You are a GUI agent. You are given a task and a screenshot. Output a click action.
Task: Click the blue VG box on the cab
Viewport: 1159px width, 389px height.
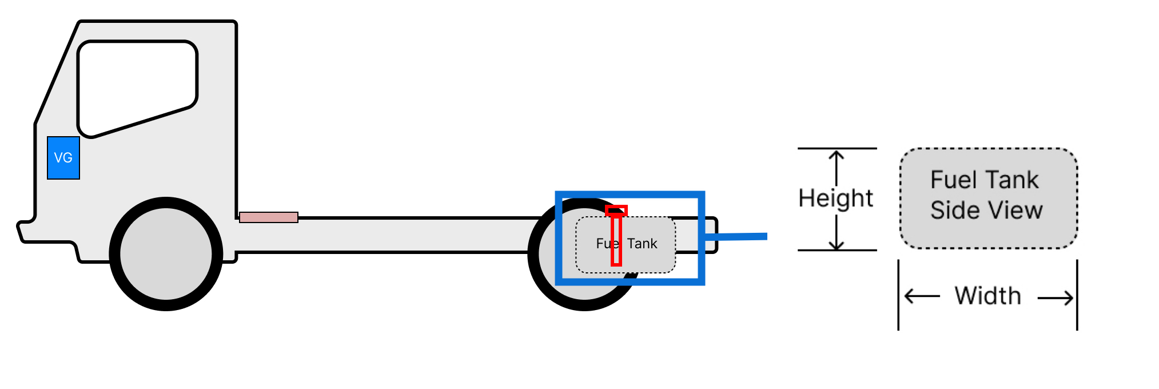pyautogui.click(x=63, y=158)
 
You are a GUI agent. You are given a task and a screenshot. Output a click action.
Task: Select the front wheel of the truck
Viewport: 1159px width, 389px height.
pyautogui.click(x=166, y=254)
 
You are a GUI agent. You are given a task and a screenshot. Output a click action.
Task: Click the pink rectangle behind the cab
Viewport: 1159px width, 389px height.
pyautogui.click(x=269, y=217)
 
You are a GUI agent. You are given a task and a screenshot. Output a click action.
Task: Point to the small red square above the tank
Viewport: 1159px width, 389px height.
pyautogui.click(x=616, y=211)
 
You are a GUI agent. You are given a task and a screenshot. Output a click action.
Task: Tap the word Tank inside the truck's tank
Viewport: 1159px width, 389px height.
pyautogui.click(x=642, y=244)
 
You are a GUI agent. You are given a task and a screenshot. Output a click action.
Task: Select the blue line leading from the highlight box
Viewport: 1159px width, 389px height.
pyautogui.click(x=736, y=236)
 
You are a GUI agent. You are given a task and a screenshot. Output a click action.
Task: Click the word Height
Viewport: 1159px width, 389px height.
pyautogui.click(x=835, y=199)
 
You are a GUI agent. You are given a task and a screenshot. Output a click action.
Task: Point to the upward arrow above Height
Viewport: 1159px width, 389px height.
pyautogui.click(x=837, y=168)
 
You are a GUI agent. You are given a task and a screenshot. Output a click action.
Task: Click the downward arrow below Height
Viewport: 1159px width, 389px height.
pyautogui.click(x=837, y=232)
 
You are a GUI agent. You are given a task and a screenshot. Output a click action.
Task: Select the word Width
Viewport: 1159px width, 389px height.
pyautogui.click(x=987, y=296)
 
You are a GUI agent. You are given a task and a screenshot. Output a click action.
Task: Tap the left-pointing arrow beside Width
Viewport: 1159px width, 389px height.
pyautogui.click(x=922, y=296)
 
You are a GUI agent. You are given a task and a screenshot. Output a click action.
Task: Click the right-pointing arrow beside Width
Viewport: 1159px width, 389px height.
pyautogui.click(x=1055, y=297)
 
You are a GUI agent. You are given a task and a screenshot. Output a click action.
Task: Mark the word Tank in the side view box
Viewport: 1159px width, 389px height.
pyautogui.click(x=1010, y=180)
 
